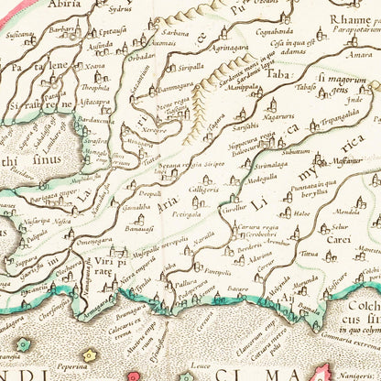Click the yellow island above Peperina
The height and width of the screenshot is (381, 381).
[90, 355]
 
